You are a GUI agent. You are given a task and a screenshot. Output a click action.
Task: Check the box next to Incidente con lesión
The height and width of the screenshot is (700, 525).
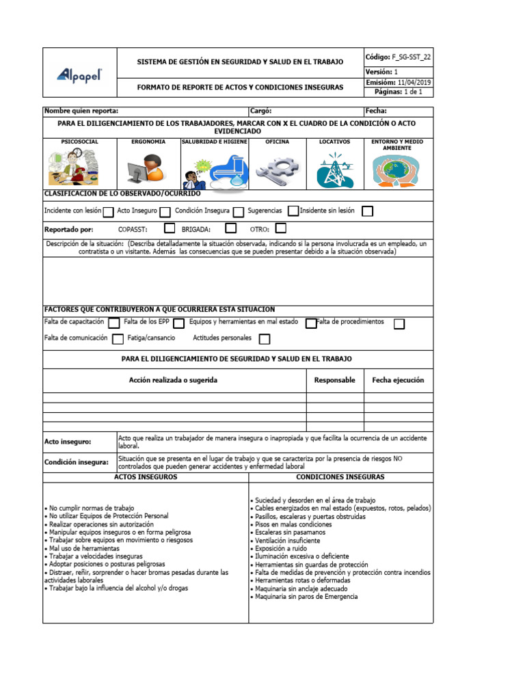pyautogui.click(x=108, y=212)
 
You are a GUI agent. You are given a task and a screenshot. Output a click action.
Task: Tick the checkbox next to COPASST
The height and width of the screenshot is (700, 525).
pyautogui.click(x=170, y=229)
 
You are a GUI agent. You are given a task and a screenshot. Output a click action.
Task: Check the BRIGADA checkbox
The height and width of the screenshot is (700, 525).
pyautogui.click(x=231, y=229)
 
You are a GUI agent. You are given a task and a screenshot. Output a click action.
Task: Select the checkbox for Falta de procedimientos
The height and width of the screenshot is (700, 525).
pyautogui.click(x=399, y=323)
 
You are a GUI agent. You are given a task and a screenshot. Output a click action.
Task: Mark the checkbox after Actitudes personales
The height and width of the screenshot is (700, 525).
pyautogui.click(x=264, y=339)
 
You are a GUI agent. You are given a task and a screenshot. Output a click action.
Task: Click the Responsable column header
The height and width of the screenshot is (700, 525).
pyautogui.click(x=334, y=380)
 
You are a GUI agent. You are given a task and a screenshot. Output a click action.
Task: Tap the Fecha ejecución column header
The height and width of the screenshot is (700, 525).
pyautogui.click(x=398, y=380)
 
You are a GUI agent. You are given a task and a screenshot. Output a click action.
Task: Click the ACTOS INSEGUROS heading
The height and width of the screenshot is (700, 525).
pyautogui.click(x=146, y=477)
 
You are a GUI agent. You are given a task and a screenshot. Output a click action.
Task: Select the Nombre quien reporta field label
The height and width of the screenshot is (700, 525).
pyautogui.click(x=81, y=111)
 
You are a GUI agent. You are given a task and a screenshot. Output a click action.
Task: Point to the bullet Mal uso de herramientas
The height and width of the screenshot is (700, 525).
pyautogui.click(x=82, y=548)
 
